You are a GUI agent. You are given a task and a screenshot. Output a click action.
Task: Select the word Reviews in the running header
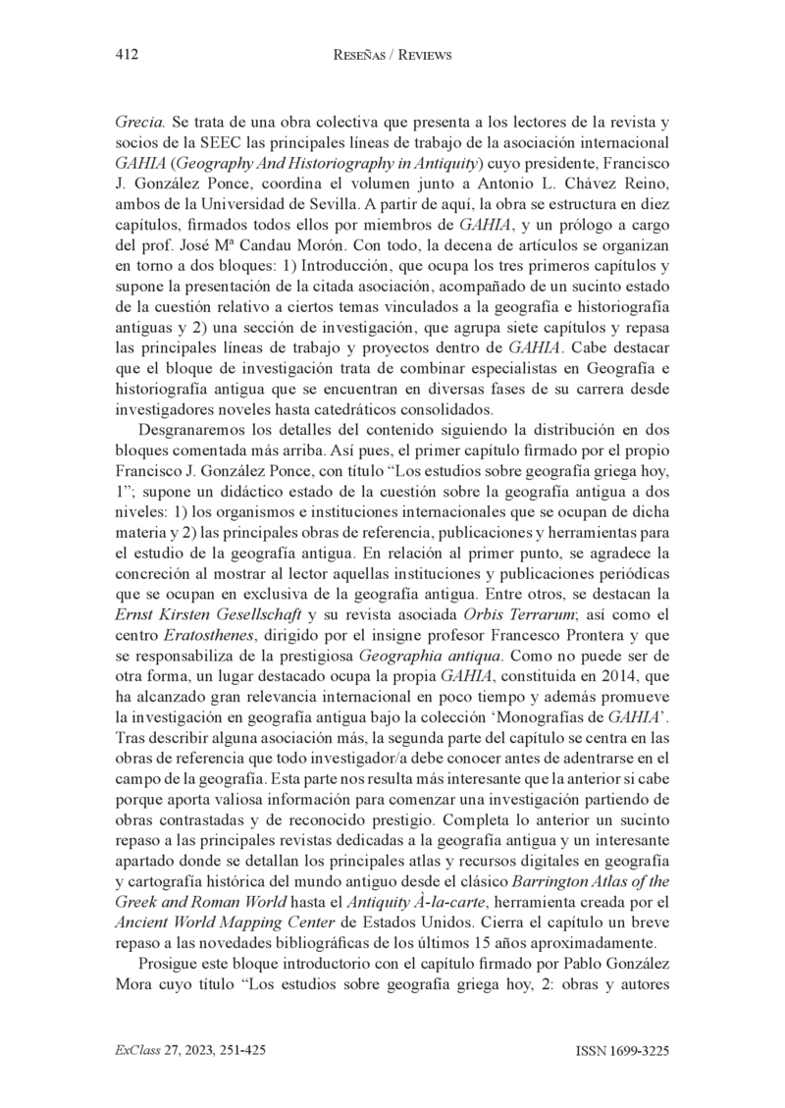pyautogui.click(x=425, y=56)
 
